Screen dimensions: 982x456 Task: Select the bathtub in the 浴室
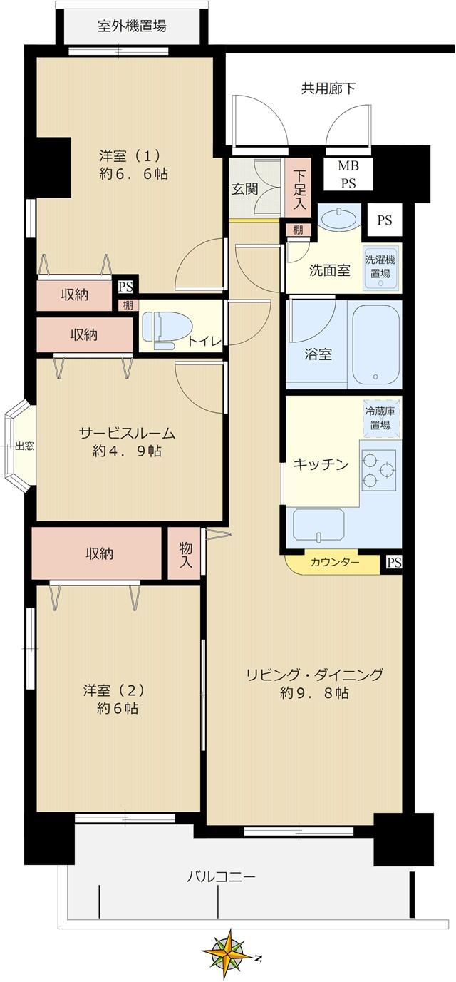coord(375,347)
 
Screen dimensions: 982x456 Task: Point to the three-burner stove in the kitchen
coord(378,470)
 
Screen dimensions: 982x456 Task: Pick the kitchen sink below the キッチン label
coord(318,524)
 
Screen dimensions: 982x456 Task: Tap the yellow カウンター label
coord(334,562)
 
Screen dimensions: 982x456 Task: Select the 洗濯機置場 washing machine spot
coord(380,267)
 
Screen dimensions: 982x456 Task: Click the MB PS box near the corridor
coord(348,174)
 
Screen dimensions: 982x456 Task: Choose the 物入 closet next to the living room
coord(185,553)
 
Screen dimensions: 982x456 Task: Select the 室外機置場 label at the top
coord(132,27)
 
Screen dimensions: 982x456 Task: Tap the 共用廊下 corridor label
coord(328,88)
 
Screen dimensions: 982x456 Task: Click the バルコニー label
coord(221,876)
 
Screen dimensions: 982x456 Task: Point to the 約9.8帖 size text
coord(314,692)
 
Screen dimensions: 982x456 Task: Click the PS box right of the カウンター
coord(393,563)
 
